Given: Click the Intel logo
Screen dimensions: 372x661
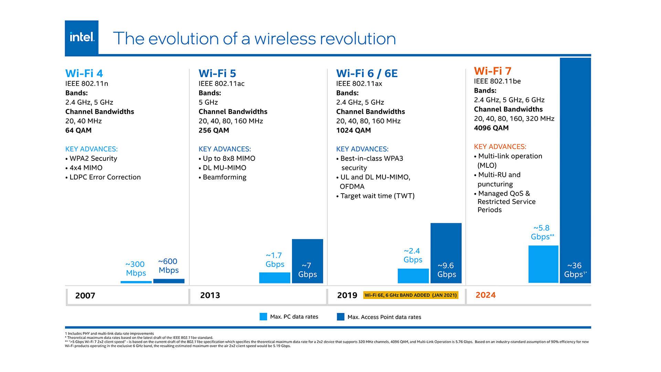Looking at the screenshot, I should click(82, 37).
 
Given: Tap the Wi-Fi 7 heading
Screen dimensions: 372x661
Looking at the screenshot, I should click(492, 71).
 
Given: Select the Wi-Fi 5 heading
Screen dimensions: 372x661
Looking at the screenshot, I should click(217, 73).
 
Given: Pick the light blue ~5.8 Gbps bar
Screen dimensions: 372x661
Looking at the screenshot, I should click(543, 264).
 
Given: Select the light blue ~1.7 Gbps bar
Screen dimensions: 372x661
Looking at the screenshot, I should click(274, 278).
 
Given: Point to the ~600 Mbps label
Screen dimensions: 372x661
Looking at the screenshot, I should click(168, 266).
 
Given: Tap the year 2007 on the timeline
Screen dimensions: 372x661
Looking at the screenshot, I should click(85, 296).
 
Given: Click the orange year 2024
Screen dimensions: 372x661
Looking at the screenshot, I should click(485, 295).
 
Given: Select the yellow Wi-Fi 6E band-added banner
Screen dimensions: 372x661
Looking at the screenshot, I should click(411, 295).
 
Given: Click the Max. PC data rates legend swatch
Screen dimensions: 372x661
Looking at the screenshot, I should click(263, 317).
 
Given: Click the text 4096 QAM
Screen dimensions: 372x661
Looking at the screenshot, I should click(491, 128).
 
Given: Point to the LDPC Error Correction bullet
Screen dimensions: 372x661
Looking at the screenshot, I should click(105, 177).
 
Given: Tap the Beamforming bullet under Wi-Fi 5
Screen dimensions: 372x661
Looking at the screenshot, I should click(224, 177).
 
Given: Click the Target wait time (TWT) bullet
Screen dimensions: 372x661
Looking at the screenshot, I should click(377, 196).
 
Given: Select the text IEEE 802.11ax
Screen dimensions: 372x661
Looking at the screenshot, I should click(359, 84).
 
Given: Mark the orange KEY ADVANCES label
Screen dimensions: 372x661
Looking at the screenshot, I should click(500, 147).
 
